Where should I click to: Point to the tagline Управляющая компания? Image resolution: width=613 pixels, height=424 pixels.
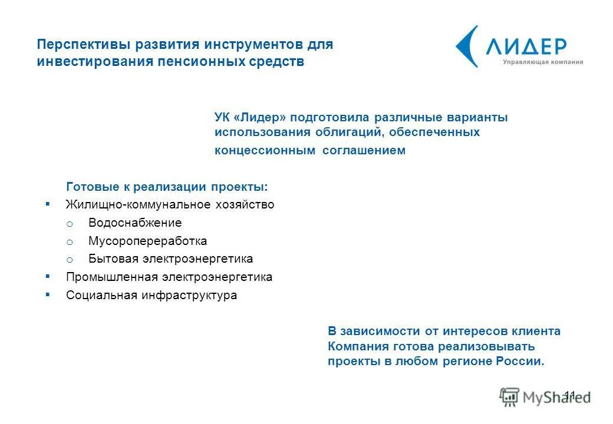pyautogui.click(x=543, y=62)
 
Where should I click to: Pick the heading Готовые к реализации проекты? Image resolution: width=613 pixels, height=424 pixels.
pyautogui.click(x=167, y=187)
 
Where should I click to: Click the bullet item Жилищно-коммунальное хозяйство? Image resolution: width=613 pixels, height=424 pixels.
pyautogui.click(x=170, y=205)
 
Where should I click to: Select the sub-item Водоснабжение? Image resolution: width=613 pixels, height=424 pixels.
pyautogui.click(x=135, y=223)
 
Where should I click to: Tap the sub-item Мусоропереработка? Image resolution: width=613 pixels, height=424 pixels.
pyautogui.click(x=147, y=241)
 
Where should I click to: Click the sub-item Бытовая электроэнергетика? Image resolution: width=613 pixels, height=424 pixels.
pyautogui.click(x=170, y=259)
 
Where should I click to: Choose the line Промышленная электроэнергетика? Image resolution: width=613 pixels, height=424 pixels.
pyautogui.click(x=169, y=277)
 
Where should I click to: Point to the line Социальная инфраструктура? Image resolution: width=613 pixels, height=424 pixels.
pyautogui.click(x=151, y=296)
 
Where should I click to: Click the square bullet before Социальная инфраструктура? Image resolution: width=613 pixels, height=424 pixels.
pyautogui.click(x=48, y=294)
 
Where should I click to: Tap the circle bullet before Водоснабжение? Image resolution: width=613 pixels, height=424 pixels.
pyautogui.click(x=69, y=224)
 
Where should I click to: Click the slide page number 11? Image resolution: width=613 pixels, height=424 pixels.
pyautogui.click(x=570, y=395)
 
